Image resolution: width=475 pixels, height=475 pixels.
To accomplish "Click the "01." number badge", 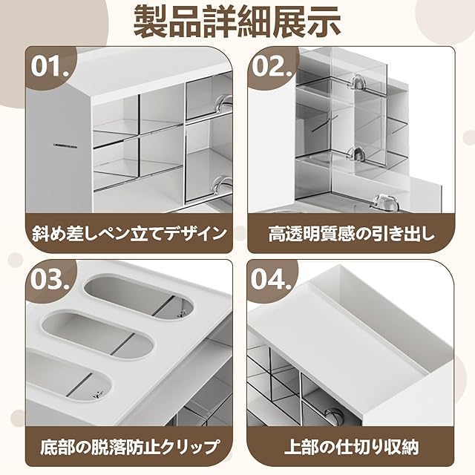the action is (x=50, y=66).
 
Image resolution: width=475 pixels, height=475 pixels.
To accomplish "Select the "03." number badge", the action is (x=50, y=279).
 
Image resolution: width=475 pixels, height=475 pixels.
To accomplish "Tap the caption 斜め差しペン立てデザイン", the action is (x=129, y=234).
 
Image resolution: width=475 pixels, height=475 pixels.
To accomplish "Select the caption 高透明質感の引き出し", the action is (x=351, y=234).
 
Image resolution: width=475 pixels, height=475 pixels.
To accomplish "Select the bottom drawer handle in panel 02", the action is (x=384, y=203).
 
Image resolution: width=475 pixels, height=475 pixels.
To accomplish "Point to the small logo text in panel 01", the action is (x=65, y=147).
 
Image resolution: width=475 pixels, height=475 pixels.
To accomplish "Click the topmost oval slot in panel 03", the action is (x=138, y=296).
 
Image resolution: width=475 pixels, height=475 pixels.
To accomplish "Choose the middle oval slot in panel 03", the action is (x=97, y=334).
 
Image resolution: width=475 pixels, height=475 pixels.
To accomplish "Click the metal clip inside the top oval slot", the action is (x=182, y=313).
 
